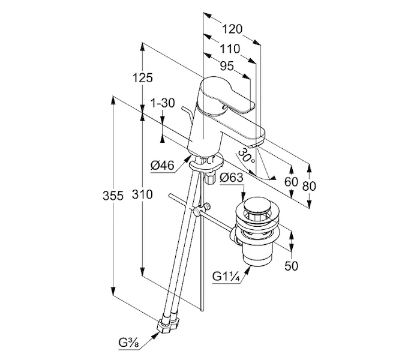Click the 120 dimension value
point(232,29)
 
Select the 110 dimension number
point(228,49)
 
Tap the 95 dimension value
point(226,67)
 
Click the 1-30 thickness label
point(163,103)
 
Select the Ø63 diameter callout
point(231,178)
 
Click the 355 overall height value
point(113,195)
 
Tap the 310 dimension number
point(143,194)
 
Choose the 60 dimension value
point(291,182)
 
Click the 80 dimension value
point(309,186)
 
